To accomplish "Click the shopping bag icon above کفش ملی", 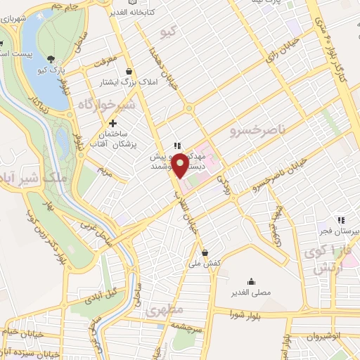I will pos(204,252).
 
